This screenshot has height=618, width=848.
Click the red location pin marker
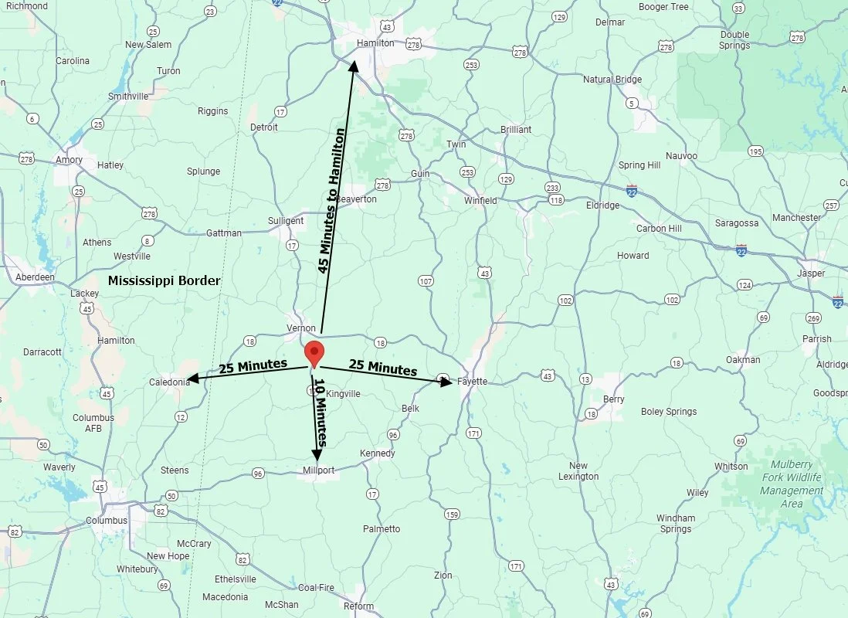pos(314,352)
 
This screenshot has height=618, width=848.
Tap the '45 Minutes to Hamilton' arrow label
pos(331,201)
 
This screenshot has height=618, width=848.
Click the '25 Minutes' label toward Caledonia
pos(253,365)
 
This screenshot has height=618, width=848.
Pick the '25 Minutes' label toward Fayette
pos(383,367)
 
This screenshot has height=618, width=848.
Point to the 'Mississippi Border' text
pos(164,280)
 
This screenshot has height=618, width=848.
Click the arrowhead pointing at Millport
pos(317,455)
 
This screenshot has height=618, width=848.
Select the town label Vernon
pos(301,328)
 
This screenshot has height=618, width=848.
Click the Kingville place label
pos(343,394)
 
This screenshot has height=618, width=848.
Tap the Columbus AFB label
pos(93,423)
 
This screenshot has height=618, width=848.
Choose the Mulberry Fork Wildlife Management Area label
pos(791,484)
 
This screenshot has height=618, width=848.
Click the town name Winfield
pos(480,200)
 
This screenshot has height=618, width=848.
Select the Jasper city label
pos(811,273)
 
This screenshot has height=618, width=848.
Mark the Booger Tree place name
pos(663,7)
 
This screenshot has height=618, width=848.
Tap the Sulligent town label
pos(286,221)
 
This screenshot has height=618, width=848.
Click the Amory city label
pos(69,160)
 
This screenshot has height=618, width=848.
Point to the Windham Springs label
pos(676,523)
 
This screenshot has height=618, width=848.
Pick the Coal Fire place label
pos(316,588)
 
